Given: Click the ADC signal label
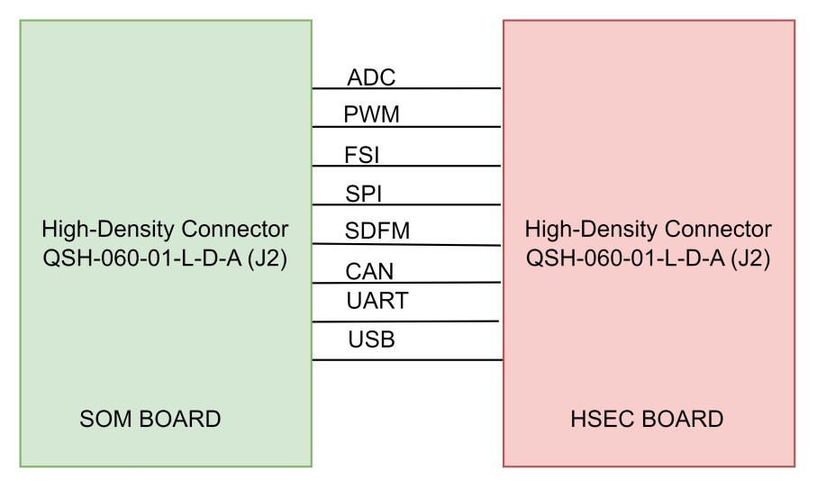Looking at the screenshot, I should pos(371,77).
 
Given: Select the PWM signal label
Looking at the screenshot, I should pos(371,115).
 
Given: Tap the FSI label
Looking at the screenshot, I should pos(362,155).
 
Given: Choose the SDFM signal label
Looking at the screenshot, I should pos(377,231).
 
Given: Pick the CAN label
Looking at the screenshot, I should pos(369,271).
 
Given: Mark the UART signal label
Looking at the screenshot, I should pos(377,301).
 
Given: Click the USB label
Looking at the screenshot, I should pos(371,340).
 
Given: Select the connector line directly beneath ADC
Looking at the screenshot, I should pos(406,89).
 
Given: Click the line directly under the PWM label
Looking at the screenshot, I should pos(406,127).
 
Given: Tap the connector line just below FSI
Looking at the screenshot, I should pos(406,166).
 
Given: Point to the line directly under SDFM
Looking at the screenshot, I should pos(406,244).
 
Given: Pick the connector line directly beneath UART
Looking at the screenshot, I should pos(406,321).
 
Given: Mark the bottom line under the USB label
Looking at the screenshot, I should pos(406,360).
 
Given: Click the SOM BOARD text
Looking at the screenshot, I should pos(150,419).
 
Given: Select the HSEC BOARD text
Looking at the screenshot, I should pos(647,419).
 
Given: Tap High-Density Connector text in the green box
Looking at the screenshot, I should pos(166,227).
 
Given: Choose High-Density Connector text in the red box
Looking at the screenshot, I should pos(649,227).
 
